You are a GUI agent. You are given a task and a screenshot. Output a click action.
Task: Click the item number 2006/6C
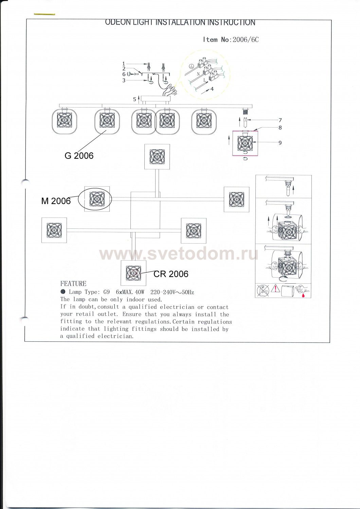[246, 40]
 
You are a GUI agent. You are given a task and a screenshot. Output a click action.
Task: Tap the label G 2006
[79, 156]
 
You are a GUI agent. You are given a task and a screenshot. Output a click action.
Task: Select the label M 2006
[56, 201]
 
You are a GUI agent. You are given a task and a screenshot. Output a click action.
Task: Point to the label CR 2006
[171, 274]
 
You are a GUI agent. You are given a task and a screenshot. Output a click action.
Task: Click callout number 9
[280, 143]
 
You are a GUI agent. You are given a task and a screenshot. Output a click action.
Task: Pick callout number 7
[280, 120]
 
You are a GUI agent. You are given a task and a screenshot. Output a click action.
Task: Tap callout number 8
[280, 128]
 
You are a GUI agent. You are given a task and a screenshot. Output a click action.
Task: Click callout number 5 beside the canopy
[134, 99]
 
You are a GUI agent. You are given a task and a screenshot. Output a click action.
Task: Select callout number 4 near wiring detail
[212, 89]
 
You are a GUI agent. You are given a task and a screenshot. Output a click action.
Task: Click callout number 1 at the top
[124, 64]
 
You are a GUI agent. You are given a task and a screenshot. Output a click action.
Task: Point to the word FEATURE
[73, 284]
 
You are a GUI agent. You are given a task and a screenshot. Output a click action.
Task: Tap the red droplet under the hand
[303, 296]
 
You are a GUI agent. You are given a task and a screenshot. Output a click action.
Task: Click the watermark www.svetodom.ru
[179, 254]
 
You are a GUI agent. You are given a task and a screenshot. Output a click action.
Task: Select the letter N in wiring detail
[198, 74]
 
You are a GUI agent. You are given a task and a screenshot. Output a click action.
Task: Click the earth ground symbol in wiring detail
[192, 67]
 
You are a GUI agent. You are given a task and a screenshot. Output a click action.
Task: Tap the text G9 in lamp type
[107, 292]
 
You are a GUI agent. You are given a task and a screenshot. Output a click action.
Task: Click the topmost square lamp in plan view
[157, 156]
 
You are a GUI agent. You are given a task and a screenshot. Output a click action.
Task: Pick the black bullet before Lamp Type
[63, 292]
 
